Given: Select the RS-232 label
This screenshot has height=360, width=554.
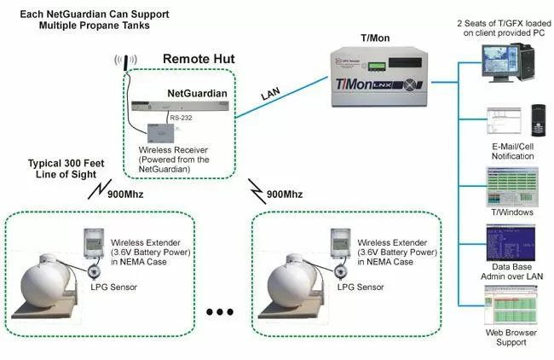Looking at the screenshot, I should [x=181, y=117].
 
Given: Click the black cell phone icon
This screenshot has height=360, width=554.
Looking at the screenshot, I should [x=538, y=119].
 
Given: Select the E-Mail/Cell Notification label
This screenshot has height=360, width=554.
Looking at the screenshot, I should [x=514, y=153].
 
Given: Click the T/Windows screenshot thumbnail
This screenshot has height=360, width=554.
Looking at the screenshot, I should [x=510, y=184].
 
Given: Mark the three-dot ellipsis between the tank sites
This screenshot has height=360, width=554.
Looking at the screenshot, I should [x=218, y=312].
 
